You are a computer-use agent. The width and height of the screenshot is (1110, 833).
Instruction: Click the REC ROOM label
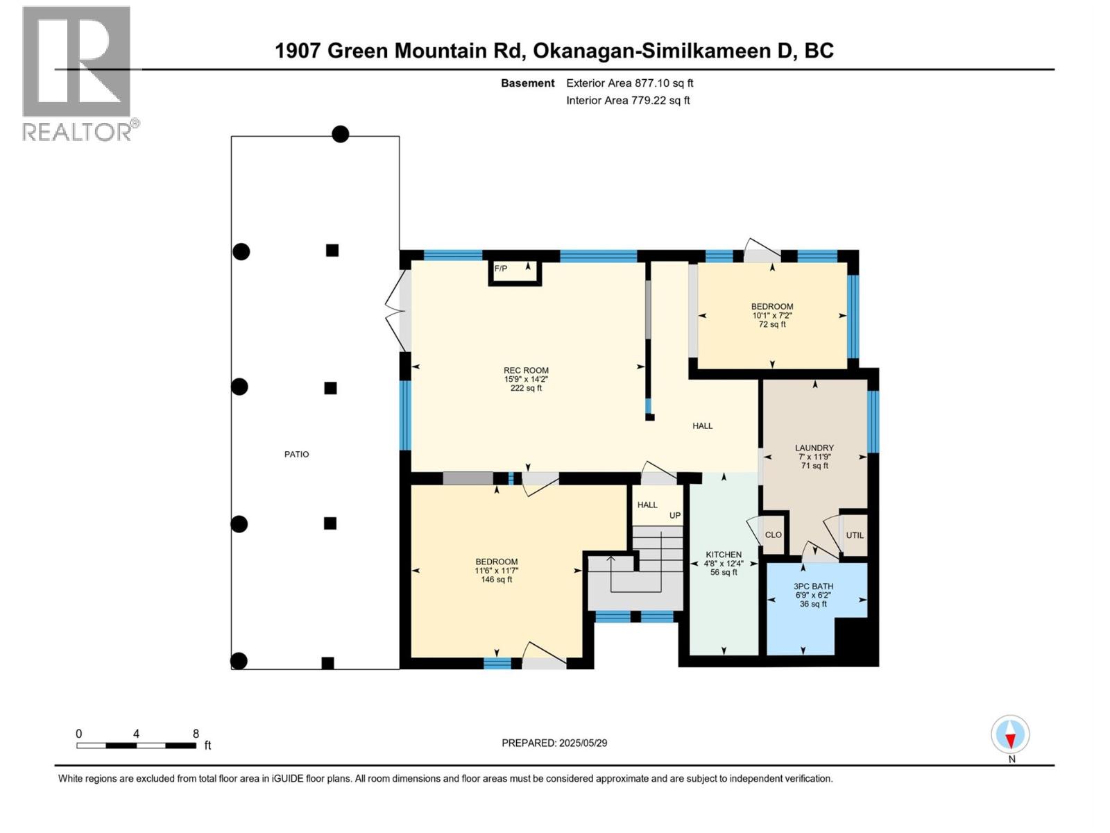coord(526,371)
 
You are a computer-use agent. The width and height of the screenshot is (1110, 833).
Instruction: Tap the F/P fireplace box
coord(515,272)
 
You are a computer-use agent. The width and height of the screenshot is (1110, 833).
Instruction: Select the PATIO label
coord(296,454)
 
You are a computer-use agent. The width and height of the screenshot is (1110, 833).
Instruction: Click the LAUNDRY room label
coord(814,448)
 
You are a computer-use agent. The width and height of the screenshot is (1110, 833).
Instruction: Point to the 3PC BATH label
coord(813,587)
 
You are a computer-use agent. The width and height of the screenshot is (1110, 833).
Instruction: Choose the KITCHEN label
coord(724,555)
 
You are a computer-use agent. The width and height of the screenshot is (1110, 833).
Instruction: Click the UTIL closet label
coord(855,535)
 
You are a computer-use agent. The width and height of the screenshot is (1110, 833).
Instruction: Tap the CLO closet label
coord(773,535)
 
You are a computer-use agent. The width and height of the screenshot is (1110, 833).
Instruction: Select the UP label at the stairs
coord(674,516)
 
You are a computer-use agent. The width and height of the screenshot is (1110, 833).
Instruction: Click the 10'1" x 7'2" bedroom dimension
coord(772,315)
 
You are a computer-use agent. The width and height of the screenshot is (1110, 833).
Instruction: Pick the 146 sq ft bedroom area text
coord(497,580)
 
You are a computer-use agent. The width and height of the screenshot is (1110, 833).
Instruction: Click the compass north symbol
coord(1010,735)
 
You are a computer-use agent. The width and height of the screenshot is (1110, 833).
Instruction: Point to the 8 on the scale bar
coord(196,734)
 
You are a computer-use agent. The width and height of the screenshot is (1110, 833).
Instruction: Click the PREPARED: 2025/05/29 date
coord(554,743)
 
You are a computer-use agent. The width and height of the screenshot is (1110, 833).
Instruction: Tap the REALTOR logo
coord(78,73)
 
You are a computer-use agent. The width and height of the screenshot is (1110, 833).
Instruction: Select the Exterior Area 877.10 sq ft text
coord(629,83)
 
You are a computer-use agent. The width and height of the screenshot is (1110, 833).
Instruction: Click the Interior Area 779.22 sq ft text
coord(628,101)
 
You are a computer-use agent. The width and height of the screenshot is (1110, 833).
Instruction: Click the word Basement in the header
coord(527,83)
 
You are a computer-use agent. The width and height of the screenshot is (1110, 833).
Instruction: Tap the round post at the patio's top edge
coord(340,134)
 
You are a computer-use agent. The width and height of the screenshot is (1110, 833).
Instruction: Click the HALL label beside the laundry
coord(702,426)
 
